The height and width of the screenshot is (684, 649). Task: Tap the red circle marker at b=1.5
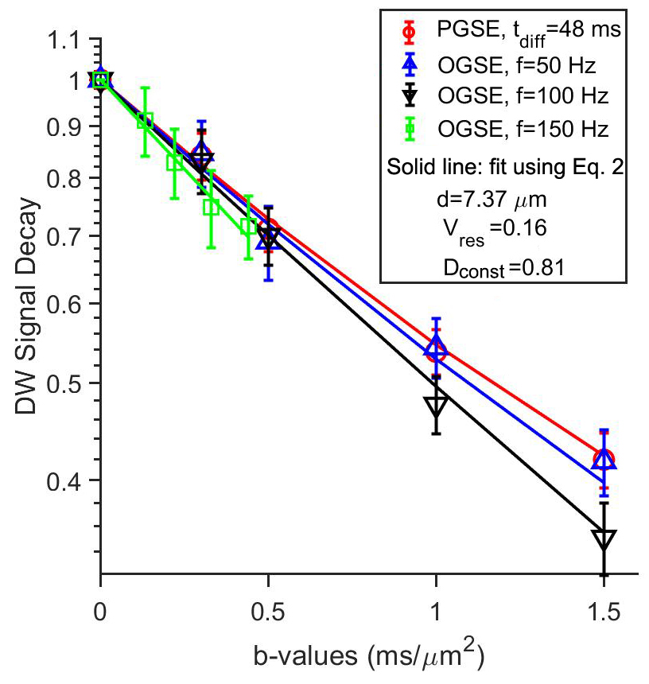[x=604, y=459]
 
